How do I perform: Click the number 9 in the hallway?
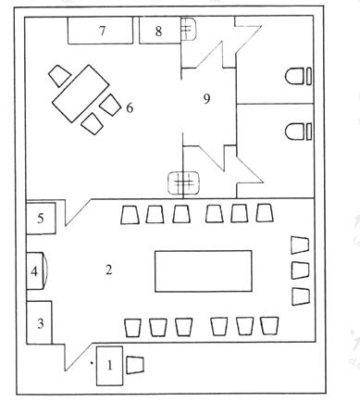pos(206,99)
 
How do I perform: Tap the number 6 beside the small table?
pos(130,108)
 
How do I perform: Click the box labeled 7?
pos(102,31)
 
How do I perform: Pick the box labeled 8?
pos(157,31)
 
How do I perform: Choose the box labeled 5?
pos(42,220)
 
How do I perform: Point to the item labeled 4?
pos(35,272)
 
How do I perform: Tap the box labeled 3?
pos(40,323)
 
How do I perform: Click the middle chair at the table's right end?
pos(300,270)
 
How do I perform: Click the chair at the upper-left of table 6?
pos(59,75)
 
